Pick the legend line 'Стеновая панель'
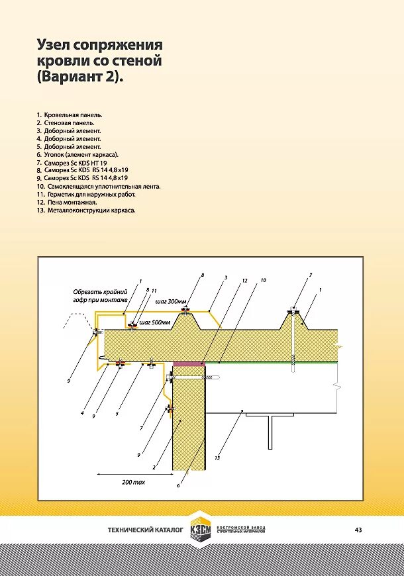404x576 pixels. point(66,122)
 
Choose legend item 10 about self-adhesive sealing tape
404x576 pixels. point(99,186)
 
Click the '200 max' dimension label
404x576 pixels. point(133,483)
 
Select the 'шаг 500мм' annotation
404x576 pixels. point(154,322)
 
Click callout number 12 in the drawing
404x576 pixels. point(244,281)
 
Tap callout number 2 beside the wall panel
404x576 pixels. point(154,467)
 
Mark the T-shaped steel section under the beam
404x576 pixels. point(270,430)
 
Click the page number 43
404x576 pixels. point(358,530)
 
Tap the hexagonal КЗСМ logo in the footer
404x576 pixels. point(200,530)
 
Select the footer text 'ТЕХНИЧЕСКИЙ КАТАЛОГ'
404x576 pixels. point(145,530)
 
